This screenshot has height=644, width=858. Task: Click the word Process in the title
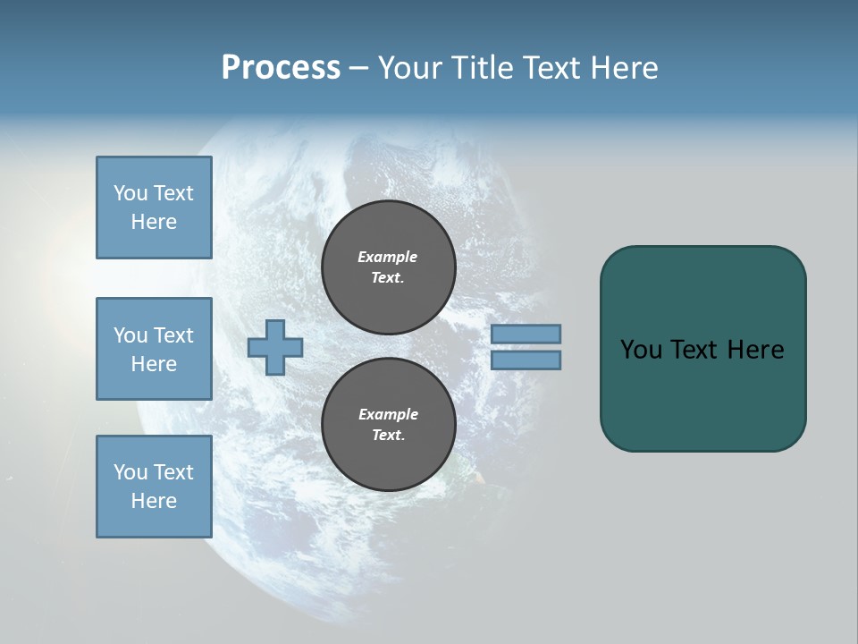click(281, 68)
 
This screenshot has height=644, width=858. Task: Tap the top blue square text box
click(154, 208)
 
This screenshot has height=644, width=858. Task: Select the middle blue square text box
click(154, 349)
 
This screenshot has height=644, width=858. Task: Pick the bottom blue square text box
click(154, 487)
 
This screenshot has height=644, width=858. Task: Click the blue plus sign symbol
click(275, 347)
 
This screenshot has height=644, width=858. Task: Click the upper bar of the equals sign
click(526, 334)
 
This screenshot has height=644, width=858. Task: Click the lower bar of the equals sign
click(526, 360)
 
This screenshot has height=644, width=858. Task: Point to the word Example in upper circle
click(387, 257)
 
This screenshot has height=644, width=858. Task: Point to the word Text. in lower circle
click(387, 436)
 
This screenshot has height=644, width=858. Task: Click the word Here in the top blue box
click(154, 222)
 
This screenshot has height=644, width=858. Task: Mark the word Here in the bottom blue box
click(154, 501)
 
